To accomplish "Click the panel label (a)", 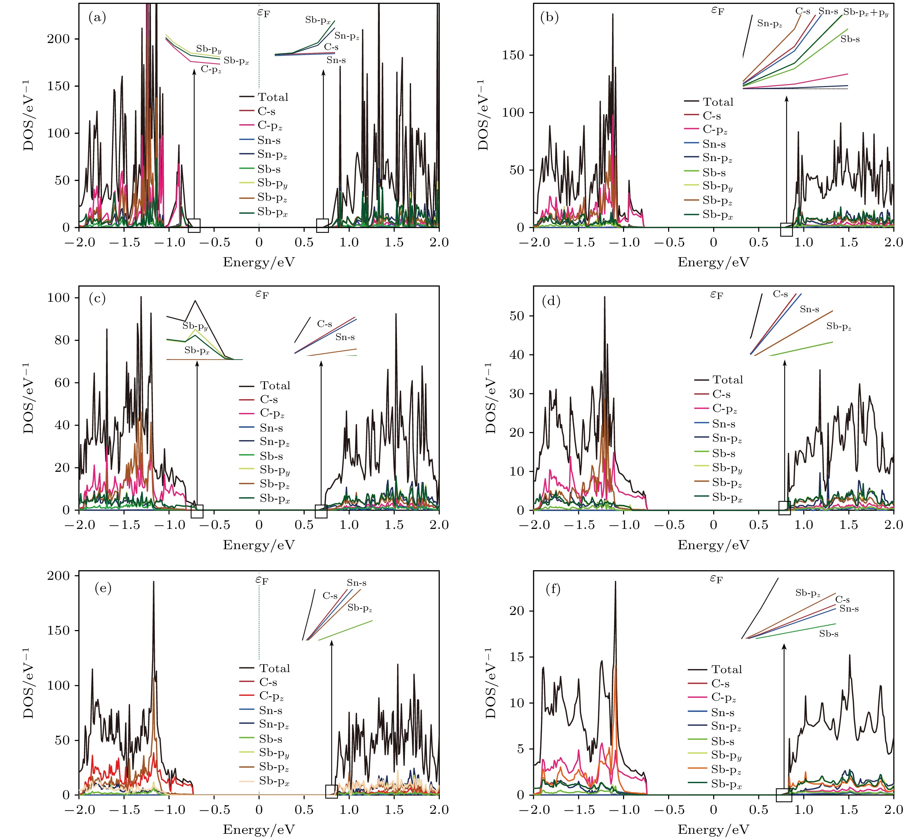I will (x=97, y=18).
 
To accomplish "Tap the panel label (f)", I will (x=553, y=589).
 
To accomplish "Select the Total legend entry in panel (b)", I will (x=718, y=102).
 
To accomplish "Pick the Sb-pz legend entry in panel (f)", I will (x=726, y=770).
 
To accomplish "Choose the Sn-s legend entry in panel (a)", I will (x=269, y=140).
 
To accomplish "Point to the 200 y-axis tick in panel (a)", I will (x=58, y=39).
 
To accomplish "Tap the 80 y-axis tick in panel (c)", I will (x=58, y=340).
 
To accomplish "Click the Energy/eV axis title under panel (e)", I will (x=259, y=829).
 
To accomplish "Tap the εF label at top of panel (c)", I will (x=262, y=294).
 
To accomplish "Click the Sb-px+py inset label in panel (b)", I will (x=865, y=12).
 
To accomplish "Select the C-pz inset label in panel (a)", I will (x=211, y=70).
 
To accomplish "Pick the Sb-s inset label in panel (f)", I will (x=828, y=634).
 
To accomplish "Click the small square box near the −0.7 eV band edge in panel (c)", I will (x=197, y=511).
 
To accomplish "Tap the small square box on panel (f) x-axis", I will (x=784, y=795).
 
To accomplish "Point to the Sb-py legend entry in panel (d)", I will (x=727, y=468).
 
